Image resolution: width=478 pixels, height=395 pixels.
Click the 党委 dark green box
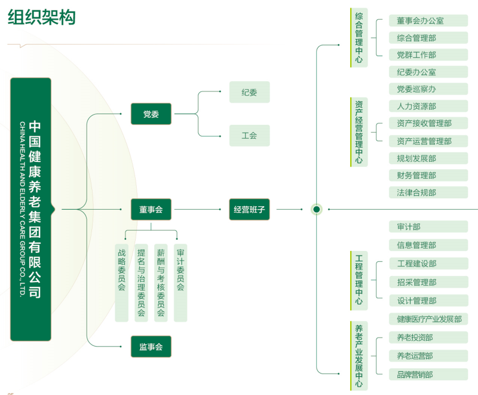pos(151,114)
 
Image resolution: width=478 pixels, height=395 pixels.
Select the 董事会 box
pos(151,209)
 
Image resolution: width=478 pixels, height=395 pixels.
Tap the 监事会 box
pos(151,347)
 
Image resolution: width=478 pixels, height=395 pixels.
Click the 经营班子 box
pos(249,209)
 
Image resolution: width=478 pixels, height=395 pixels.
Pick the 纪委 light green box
pos(249,92)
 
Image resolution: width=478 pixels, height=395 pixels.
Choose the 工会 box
pos(249,136)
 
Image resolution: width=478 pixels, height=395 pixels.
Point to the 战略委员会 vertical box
pos(121,282)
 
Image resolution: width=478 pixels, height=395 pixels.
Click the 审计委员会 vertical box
pos(180,282)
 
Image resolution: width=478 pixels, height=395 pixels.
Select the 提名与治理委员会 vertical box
pos(141,282)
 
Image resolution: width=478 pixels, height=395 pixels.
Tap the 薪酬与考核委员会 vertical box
pos(161,282)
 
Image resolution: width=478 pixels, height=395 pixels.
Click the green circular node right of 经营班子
pos(317,209)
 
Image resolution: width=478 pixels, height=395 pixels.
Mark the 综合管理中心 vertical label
pos(358,38)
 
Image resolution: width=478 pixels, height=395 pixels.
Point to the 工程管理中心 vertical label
pos(358,280)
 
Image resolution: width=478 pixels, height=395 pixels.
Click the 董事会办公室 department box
pos(428,20)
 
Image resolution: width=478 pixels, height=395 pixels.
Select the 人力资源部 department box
pos(428,106)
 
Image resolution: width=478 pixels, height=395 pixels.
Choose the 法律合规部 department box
pos(428,192)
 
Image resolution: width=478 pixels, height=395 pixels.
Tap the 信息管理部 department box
pos(428,244)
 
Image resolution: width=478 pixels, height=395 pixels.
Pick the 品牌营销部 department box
pos(428,375)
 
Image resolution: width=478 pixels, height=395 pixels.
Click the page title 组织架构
pos(42,18)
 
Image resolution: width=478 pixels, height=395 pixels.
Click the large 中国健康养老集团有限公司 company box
pos(31,209)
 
